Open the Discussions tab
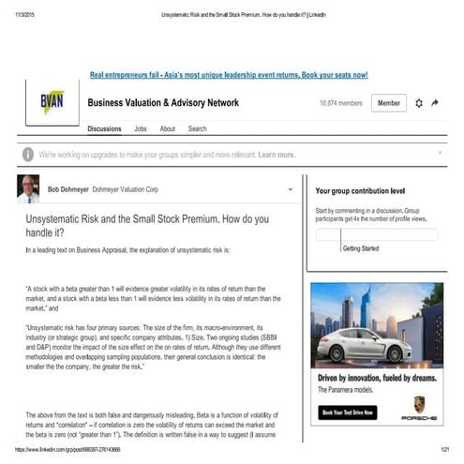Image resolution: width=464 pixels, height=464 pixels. pos(104,128)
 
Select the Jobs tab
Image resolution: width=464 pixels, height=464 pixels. pos(141,128)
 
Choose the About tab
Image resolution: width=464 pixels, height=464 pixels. pos(167,128)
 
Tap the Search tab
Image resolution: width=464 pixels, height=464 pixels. pos(197,128)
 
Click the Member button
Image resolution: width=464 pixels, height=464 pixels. pos(387,103)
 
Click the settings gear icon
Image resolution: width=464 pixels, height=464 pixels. pos(418,103)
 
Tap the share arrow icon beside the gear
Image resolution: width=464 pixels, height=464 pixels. pos(436,103)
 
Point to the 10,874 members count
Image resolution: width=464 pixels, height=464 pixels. pos(340,103)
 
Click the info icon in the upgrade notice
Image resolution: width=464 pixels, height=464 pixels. pos(29,155)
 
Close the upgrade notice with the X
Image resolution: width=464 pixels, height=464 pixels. pos(440,152)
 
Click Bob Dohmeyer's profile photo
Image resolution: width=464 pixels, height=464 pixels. pos(29,188)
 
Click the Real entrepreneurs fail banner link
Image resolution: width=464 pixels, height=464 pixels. pos(228,74)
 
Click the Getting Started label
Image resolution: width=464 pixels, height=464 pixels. pos(361,248)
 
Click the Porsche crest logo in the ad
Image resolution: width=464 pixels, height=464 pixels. pos(420,406)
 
